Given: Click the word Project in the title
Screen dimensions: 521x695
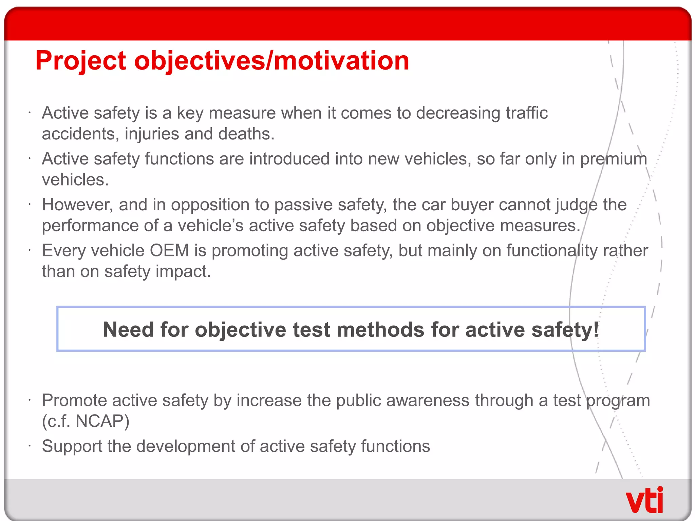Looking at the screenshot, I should click(x=81, y=61).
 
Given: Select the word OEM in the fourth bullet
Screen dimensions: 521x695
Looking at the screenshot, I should click(x=169, y=251).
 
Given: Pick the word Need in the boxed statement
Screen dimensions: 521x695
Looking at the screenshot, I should click(x=128, y=329).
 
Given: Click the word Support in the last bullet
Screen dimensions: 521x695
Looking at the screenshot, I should click(x=72, y=446).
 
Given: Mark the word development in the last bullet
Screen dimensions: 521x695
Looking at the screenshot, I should click(x=186, y=446).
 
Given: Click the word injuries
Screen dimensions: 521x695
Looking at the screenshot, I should click(x=152, y=134).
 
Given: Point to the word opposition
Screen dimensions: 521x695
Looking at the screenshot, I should click(x=210, y=205).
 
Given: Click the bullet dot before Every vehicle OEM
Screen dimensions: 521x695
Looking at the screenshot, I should click(x=30, y=251).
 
